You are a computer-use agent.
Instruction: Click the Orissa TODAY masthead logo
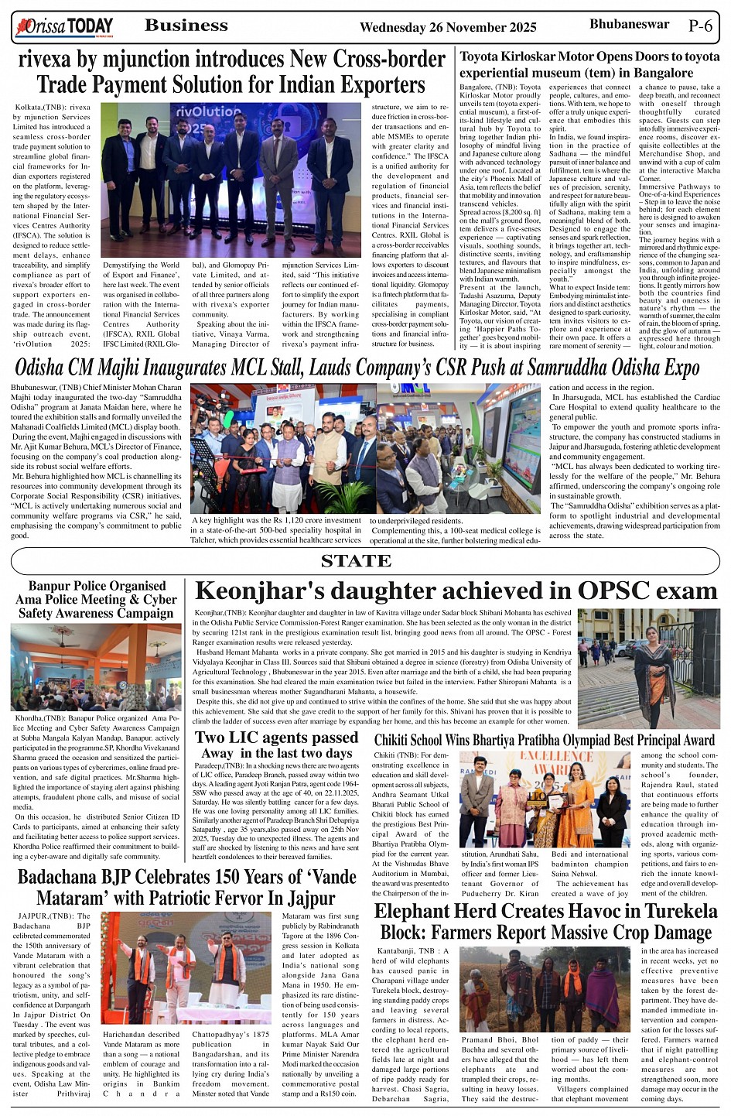64,28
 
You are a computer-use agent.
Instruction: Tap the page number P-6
699,26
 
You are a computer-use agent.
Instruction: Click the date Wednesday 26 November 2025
448,28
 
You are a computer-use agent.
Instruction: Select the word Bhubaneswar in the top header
629,25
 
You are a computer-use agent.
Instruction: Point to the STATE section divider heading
356,561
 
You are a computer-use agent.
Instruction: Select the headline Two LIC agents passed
276,738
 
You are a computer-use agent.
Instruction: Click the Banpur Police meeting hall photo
96,666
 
